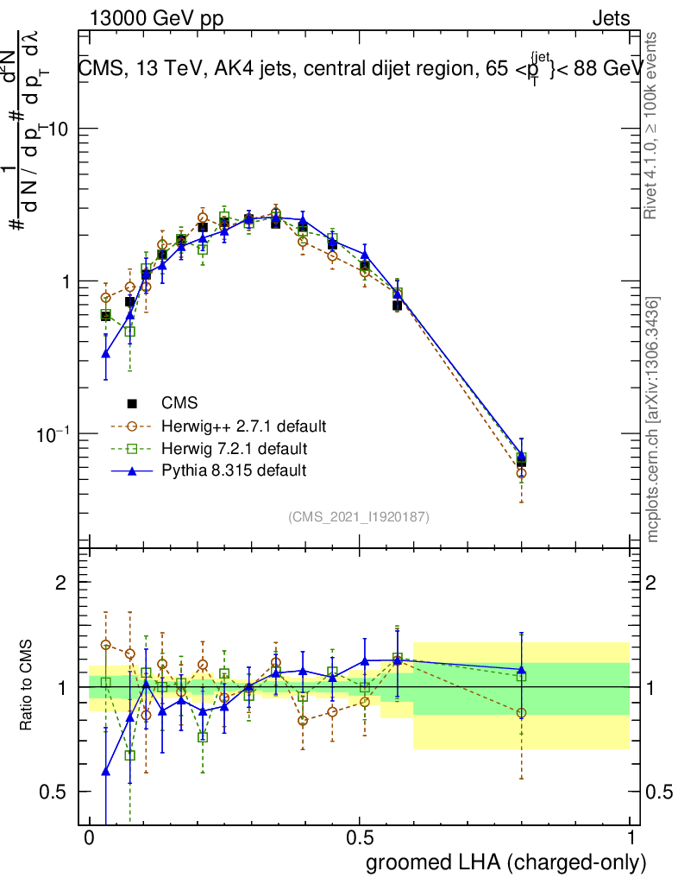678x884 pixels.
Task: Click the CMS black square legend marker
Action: [x=133, y=403]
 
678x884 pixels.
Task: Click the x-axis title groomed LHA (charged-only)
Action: [x=506, y=862]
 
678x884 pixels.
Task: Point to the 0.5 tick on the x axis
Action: [x=360, y=838]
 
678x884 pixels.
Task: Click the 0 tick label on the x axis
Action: [x=89, y=838]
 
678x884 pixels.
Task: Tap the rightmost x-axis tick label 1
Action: [x=630, y=838]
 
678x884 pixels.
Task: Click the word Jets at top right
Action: [x=610, y=19]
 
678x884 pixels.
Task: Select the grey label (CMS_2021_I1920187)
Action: [x=359, y=516]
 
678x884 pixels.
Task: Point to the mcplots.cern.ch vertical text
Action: [x=653, y=420]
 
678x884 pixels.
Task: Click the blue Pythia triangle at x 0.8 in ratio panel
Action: [x=521, y=669]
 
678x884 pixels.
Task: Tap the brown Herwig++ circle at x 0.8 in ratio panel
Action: [x=521, y=713]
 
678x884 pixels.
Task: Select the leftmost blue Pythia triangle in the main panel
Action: [x=106, y=353]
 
